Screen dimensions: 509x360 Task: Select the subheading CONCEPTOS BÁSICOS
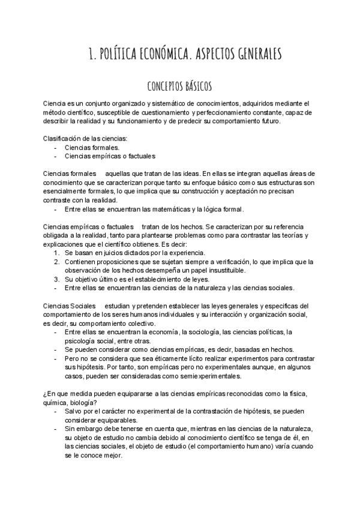point(179,86)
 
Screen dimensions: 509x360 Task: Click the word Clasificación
point(62,139)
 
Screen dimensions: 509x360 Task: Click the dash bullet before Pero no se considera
point(56,358)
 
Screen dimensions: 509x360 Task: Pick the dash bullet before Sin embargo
point(56,429)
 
